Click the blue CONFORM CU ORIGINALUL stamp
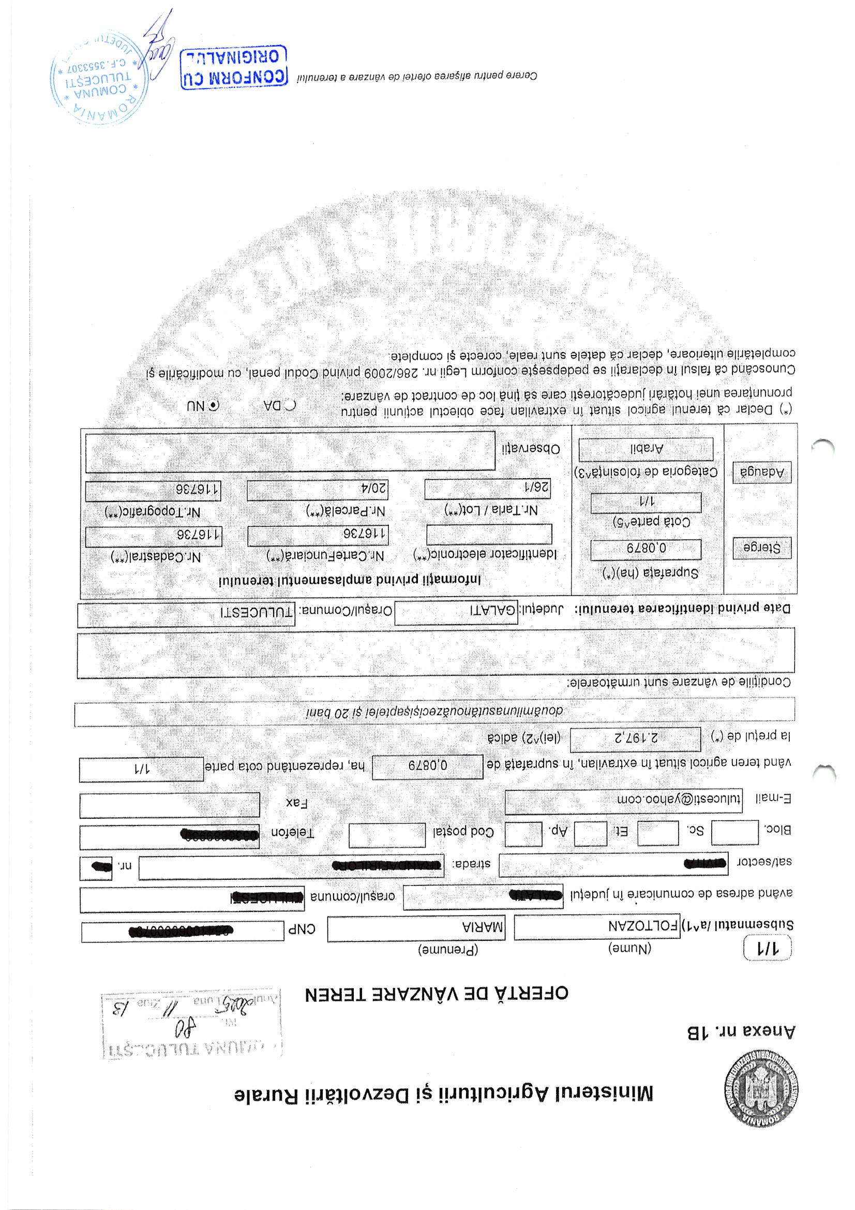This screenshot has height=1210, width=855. tap(233, 67)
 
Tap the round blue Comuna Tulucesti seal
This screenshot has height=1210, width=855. tap(99, 78)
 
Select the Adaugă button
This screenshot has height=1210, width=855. tap(762, 472)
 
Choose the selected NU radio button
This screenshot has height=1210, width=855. tap(213, 405)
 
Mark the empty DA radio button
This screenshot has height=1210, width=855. tap(290, 405)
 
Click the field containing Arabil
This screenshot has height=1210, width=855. tap(646, 449)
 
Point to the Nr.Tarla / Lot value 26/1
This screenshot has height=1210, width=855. tap(487, 489)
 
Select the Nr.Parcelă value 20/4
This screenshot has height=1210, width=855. tap(318, 490)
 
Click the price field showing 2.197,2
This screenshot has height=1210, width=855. tap(635, 739)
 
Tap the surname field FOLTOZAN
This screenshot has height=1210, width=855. tap(596, 926)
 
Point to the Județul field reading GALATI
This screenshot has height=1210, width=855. tap(456, 612)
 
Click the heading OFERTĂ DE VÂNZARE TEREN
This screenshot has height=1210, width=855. tap(437, 994)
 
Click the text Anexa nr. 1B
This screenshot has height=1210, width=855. tap(741, 1031)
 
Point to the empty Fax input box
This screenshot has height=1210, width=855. tap(170, 804)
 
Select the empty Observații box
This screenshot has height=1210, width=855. tap(290, 451)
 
